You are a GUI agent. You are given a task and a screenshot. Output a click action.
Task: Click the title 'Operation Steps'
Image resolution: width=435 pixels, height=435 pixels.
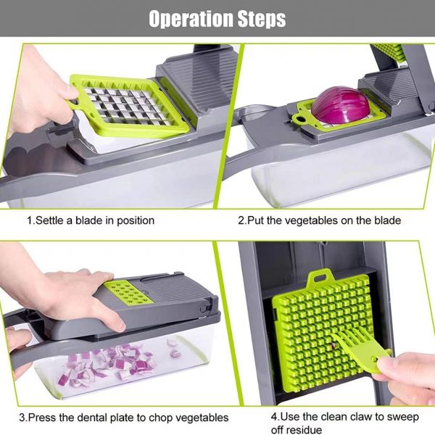(x=217, y=18)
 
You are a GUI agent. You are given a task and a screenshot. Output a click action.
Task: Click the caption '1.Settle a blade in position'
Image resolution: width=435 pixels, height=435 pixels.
(x=91, y=220)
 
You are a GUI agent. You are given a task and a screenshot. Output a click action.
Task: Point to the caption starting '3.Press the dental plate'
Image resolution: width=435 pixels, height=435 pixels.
(x=123, y=417)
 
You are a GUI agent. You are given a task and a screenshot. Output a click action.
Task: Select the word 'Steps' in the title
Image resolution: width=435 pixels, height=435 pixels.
(x=254, y=18)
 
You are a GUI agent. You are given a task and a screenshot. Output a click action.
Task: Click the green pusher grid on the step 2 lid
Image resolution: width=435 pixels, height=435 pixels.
(x=387, y=51)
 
